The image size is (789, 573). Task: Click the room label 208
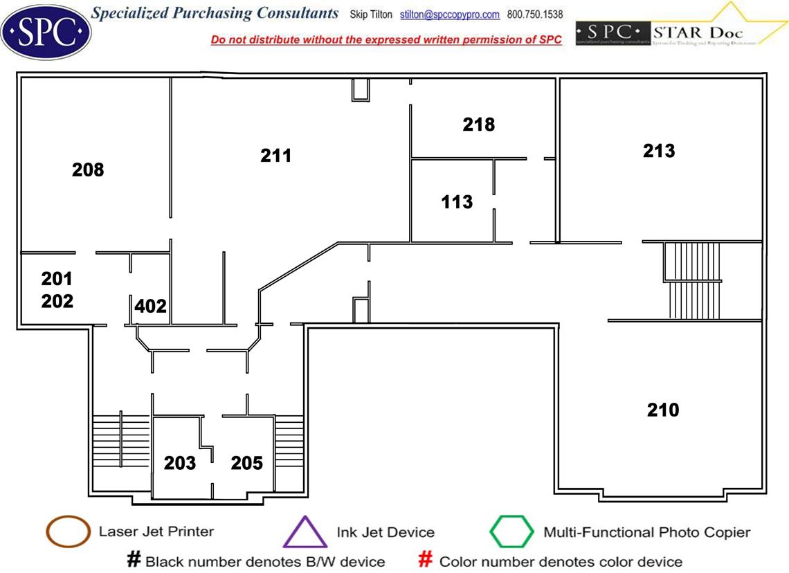tap(88, 170)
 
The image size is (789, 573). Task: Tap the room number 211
tap(276, 156)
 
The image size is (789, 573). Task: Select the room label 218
tap(479, 125)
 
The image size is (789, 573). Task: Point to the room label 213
tap(659, 151)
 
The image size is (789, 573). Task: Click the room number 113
tap(457, 202)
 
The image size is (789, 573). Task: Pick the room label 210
tap(663, 410)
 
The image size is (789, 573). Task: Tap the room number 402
tap(151, 306)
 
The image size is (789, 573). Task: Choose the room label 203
tap(180, 463)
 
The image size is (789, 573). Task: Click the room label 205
tap(247, 463)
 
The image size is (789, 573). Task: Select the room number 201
tap(57, 279)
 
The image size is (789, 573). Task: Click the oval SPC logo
tap(46, 31)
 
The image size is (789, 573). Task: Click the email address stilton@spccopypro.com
tap(450, 15)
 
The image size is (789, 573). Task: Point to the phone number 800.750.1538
tap(535, 15)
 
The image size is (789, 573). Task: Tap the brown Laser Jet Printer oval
tap(67, 532)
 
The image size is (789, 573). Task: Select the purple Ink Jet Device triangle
tap(305, 533)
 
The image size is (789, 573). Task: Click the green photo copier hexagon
tap(511, 532)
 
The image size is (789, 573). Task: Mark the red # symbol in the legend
tap(426, 560)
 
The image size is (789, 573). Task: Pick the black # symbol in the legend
tap(134, 560)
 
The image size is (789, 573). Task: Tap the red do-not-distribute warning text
tap(386, 40)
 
